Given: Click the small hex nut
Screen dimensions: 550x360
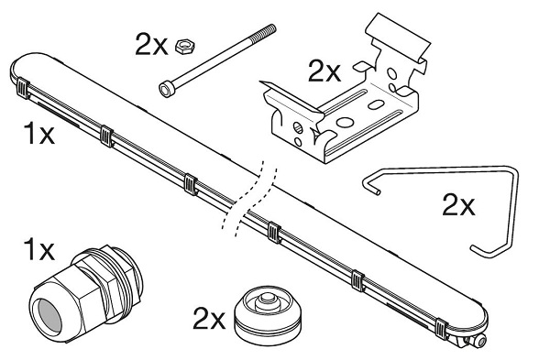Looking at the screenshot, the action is pyautogui.click(x=185, y=47).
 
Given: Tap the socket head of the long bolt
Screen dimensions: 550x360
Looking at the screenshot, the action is pyautogui.click(x=166, y=89).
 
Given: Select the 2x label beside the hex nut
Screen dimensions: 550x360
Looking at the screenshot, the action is pyautogui.click(x=151, y=45).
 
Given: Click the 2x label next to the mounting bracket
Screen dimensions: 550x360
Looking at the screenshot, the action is pyautogui.click(x=324, y=71).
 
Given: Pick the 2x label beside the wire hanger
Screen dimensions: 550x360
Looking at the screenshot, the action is pyautogui.click(x=458, y=204).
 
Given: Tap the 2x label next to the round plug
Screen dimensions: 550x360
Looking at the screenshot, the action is pyautogui.click(x=209, y=319).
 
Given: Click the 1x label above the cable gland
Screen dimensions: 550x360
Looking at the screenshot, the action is pyautogui.click(x=38, y=249).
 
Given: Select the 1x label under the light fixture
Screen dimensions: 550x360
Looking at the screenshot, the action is pyautogui.click(x=38, y=133).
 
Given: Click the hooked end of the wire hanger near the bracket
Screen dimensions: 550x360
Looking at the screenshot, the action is pyautogui.click(x=370, y=184).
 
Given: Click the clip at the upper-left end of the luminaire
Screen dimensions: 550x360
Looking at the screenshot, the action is pyautogui.click(x=22, y=88).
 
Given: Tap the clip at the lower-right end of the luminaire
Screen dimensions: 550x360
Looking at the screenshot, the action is pyautogui.click(x=441, y=329).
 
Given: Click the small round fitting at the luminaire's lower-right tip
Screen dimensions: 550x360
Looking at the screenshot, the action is pyautogui.click(x=481, y=340).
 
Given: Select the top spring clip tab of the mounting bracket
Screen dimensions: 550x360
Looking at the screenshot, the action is pyautogui.click(x=398, y=36).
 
